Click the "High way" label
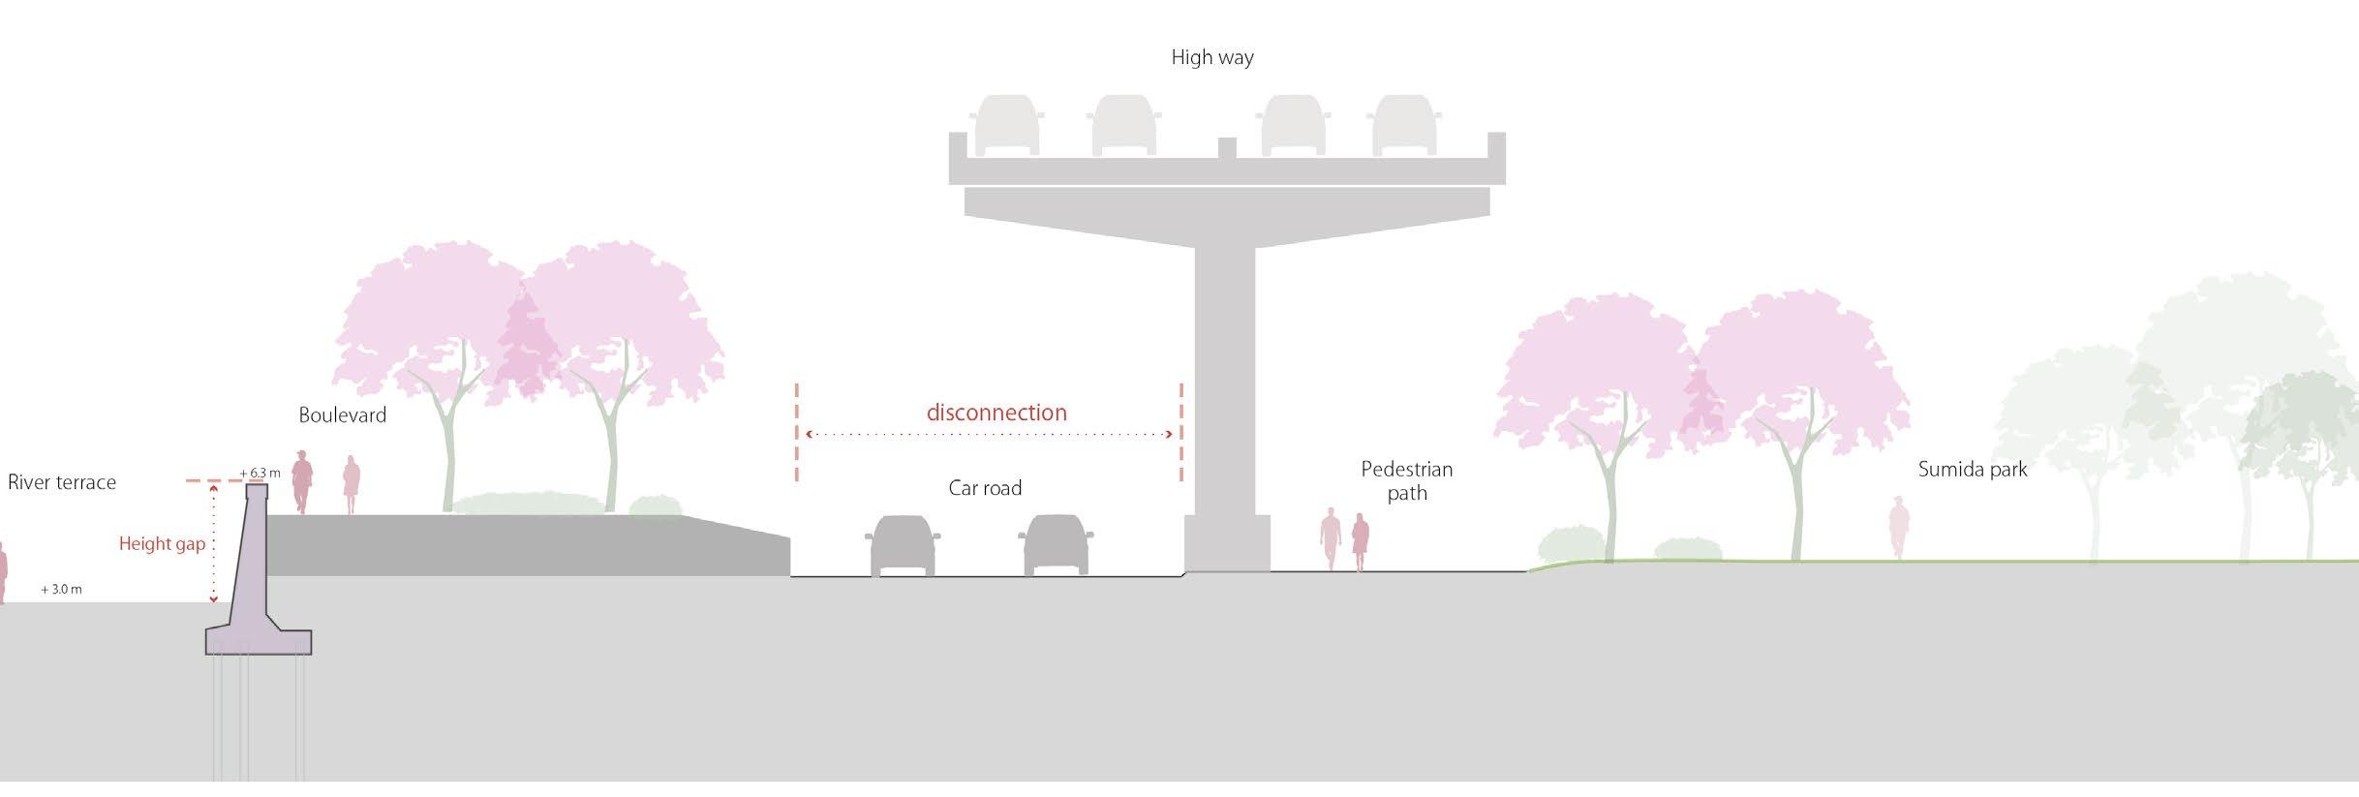[x=1211, y=57]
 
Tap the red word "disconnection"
[x=996, y=413]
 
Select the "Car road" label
[x=985, y=488]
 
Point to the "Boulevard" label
[x=342, y=415]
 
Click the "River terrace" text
[x=62, y=482]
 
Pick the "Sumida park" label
[x=1972, y=470]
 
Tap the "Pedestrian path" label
[x=1406, y=481]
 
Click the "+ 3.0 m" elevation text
[x=61, y=589]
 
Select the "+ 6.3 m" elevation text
[x=260, y=474]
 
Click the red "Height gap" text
[x=162, y=544]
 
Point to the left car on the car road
[x=903, y=545]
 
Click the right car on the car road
[x=1056, y=545]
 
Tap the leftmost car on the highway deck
[x=1008, y=125]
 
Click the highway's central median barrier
[x=1226, y=149]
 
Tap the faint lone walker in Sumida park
[x=1898, y=527]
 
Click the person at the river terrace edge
[x=3, y=573]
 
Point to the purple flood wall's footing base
[x=259, y=640]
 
